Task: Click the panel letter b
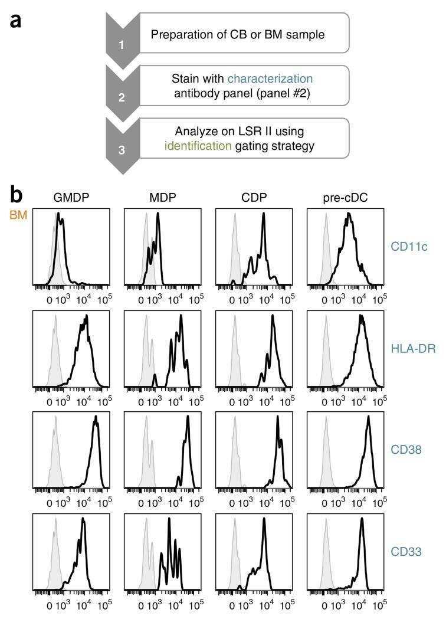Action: click(x=18, y=194)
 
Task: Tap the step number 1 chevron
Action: click(x=122, y=44)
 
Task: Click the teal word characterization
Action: click(x=270, y=78)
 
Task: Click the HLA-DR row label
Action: click(x=413, y=349)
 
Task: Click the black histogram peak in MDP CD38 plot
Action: click(x=188, y=419)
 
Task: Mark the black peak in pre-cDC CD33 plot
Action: click(x=362, y=520)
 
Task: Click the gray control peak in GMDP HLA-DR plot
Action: click(x=54, y=317)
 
